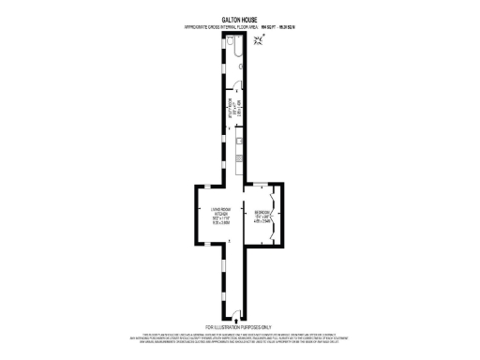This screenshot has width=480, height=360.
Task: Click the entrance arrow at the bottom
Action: (236, 321)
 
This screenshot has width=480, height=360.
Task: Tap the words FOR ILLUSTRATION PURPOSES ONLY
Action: (240, 327)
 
